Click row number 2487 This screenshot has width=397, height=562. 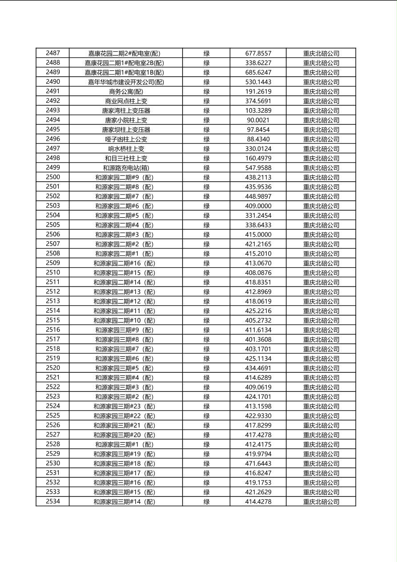pos(53,53)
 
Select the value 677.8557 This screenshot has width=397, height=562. pos(258,53)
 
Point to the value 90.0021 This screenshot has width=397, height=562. pos(258,120)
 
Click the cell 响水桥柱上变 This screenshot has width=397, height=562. pos(126,149)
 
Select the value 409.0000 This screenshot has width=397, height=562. pos(258,206)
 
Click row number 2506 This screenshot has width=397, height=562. pos(53,234)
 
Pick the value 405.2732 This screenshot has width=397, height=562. pos(258,321)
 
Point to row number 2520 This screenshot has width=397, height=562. pos(53,368)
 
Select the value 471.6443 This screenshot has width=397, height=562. pos(258,464)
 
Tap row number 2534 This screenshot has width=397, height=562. pos(53,501)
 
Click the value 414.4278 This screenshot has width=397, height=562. pos(258,502)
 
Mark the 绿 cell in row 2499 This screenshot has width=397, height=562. pos(207,168)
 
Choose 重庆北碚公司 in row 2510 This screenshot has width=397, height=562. pos(321,273)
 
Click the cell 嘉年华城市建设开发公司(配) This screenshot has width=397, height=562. pos(126,82)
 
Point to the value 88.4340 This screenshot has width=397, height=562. pos(258,139)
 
